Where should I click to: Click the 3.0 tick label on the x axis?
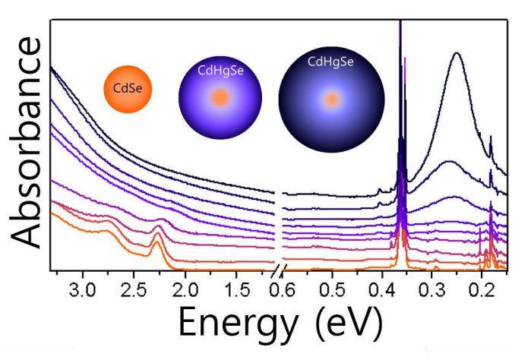[x=82, y=290]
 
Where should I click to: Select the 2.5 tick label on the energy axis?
[x=134, y=290]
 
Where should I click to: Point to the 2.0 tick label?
[x=185, y=290]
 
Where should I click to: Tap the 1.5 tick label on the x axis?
[x=236, y=290]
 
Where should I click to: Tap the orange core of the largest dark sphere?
[x=331, y=99]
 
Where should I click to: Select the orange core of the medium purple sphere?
[x=220, y=98]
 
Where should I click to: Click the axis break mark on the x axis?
[x=279, y=271]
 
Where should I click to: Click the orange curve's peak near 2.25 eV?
[x=158, y=236]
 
